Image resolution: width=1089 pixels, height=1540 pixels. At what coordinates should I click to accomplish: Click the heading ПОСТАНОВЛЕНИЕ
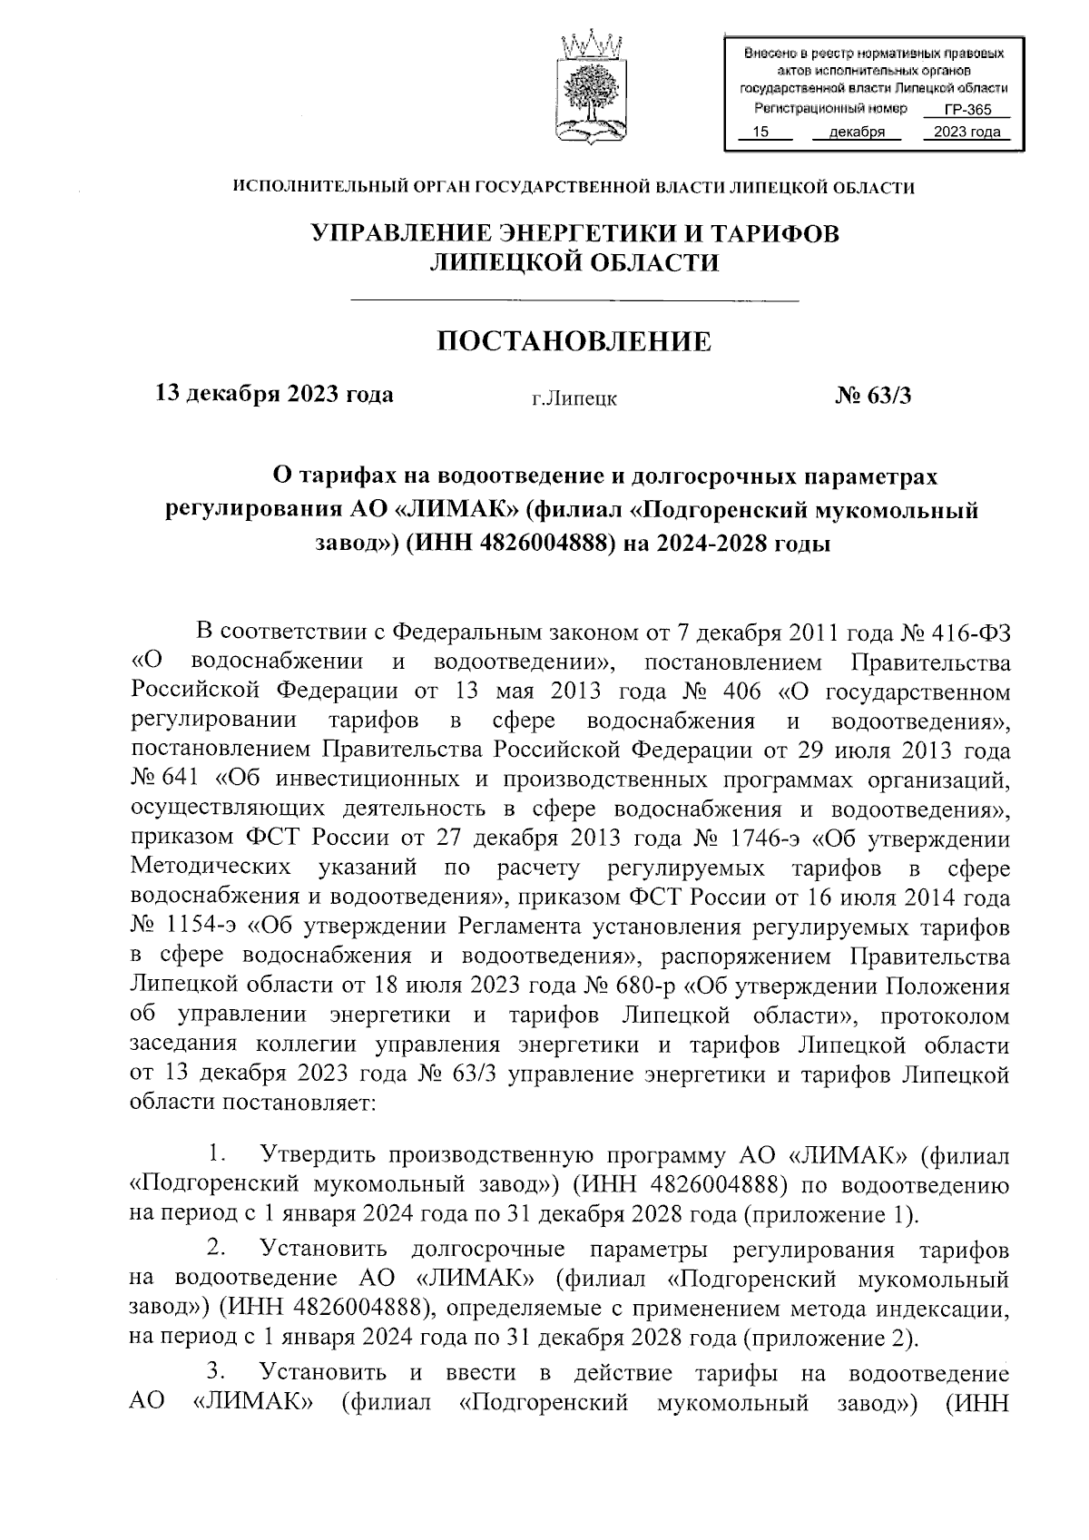pos(574,341)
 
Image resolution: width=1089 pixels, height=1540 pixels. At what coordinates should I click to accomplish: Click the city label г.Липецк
pos(574,398)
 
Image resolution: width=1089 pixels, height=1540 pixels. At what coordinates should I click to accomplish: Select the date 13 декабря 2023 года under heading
pos(275,395)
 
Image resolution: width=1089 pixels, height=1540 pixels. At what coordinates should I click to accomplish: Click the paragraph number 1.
pos(216,1155)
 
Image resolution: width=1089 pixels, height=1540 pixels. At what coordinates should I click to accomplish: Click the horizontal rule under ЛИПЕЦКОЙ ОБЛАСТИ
pos(574,299)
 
